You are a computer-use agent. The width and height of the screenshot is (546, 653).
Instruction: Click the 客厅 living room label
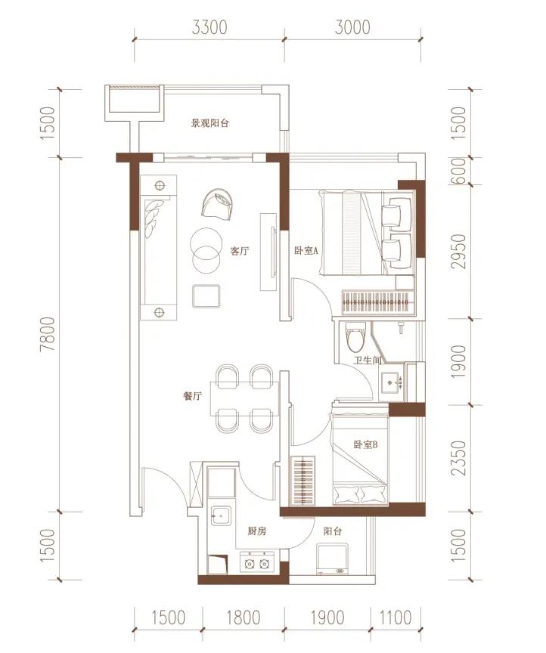(x=240, y=251)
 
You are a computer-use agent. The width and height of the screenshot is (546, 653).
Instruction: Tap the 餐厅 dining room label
(x=193, y=395)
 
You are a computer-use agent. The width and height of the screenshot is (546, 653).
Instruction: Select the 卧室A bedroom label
(x=306, y=250)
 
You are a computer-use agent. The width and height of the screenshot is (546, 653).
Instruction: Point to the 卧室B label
(x=365, y=444)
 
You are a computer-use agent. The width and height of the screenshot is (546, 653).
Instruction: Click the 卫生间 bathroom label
(x=368, y=360)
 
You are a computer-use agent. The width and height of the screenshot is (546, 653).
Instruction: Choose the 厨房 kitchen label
(x=257, y=531)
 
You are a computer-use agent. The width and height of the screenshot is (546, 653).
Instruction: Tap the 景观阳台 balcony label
(x=209, y=123)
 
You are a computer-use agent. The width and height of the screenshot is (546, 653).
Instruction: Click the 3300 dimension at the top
(x=209, y=27)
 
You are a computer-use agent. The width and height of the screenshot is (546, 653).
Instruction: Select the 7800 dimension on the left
(x=48, y=334)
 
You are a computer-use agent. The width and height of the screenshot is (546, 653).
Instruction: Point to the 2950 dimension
(x=459, y=251)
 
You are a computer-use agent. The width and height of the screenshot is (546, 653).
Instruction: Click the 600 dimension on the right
(x=459, y=171)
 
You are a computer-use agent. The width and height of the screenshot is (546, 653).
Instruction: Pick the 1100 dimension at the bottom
(x=396, y=617)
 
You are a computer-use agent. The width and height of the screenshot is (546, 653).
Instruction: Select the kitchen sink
(x=221, y=515)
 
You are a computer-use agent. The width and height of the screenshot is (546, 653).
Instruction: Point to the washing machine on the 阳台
(x=332, y=559)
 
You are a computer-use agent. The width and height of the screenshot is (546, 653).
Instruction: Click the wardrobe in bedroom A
(x=378, y=302)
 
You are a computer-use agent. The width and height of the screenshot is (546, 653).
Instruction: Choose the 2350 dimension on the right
(x=459, y=458)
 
